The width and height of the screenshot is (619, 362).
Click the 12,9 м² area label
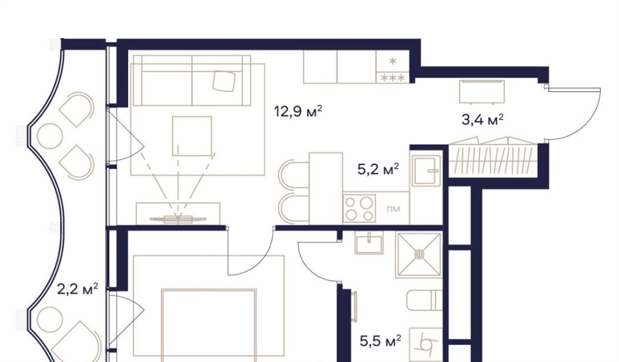click(x=299, y=112)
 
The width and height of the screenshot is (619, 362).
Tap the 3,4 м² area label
click(x=482, y=119)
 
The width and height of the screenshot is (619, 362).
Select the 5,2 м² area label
click(x=378, y=170)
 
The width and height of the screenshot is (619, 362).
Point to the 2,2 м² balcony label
click(x=77, y=290)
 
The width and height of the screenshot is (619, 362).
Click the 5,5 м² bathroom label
click(x=381, y=341)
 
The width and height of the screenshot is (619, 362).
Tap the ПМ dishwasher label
click(x=394, y=209)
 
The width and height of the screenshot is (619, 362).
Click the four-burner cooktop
click(x=359, y=208)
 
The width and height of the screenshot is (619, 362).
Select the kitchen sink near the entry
click(x=426, y=170)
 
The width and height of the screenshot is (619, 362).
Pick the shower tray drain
click(x=419, y=255)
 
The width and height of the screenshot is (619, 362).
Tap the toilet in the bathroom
click(x=424, y=300)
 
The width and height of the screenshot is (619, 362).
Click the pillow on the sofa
click(x=224, y=81)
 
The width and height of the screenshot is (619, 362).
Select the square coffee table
click(x=192, y=136)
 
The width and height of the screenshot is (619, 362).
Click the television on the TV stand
click(x=178, y=218)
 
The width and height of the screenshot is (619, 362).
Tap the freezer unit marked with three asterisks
click(x=392, y=78)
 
